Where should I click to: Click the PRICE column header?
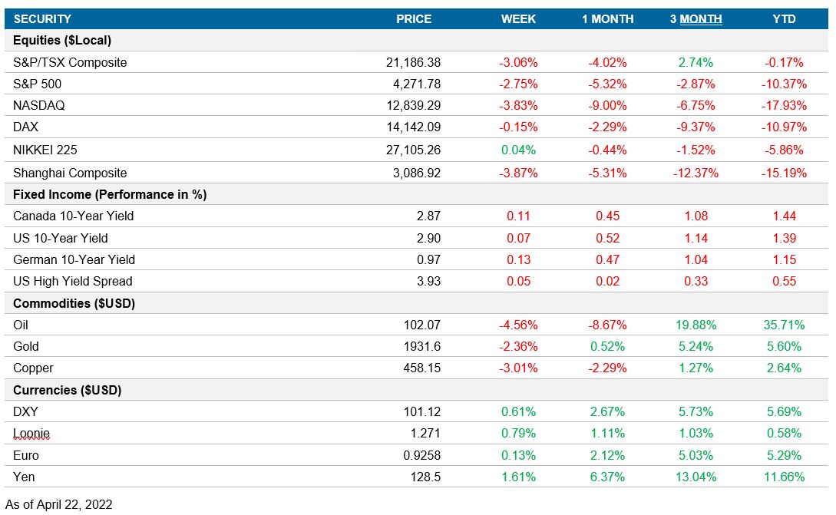(x=414, y=19)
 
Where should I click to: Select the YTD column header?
(x=785, y=19)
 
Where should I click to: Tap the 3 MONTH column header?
(x=696, y=19)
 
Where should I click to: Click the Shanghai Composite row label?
(x=70, y=173)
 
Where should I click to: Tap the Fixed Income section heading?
(x=110, y=194)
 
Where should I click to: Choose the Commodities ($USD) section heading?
(x=74, y=303)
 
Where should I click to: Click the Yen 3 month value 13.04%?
(x=696, y=477)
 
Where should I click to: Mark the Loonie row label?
(x=31, y=434)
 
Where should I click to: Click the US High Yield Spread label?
(x=73, y=281)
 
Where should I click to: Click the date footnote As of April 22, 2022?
(x=59, y=504)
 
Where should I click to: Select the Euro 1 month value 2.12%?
(x=607, y=455)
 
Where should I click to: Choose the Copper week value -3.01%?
(x=518, y=368)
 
